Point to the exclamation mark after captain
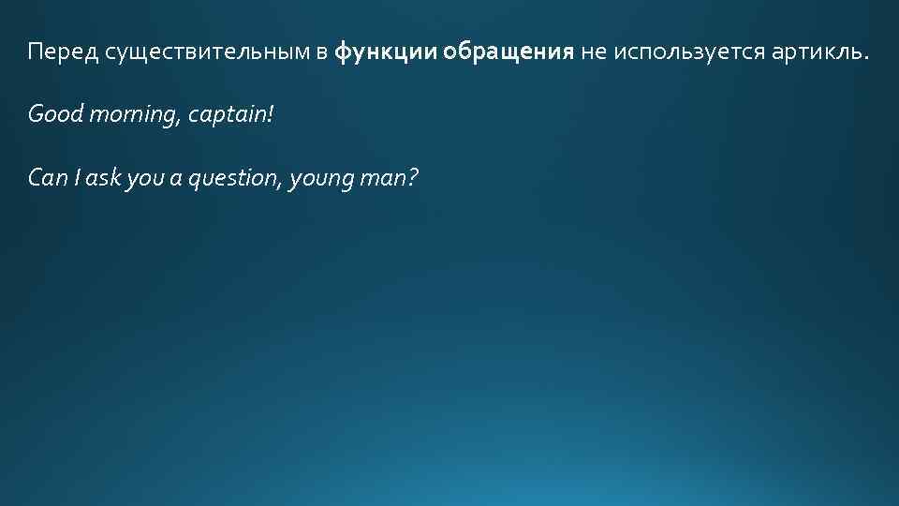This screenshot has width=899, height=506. point(273,114)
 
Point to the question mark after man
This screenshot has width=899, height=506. point(411,177)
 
